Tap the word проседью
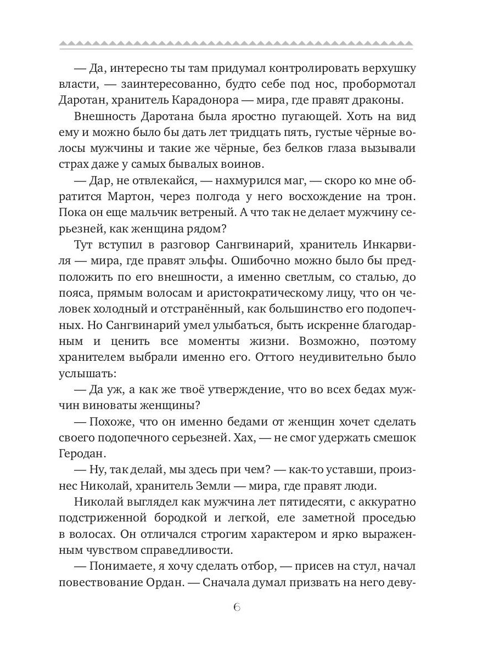coord(384,518)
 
